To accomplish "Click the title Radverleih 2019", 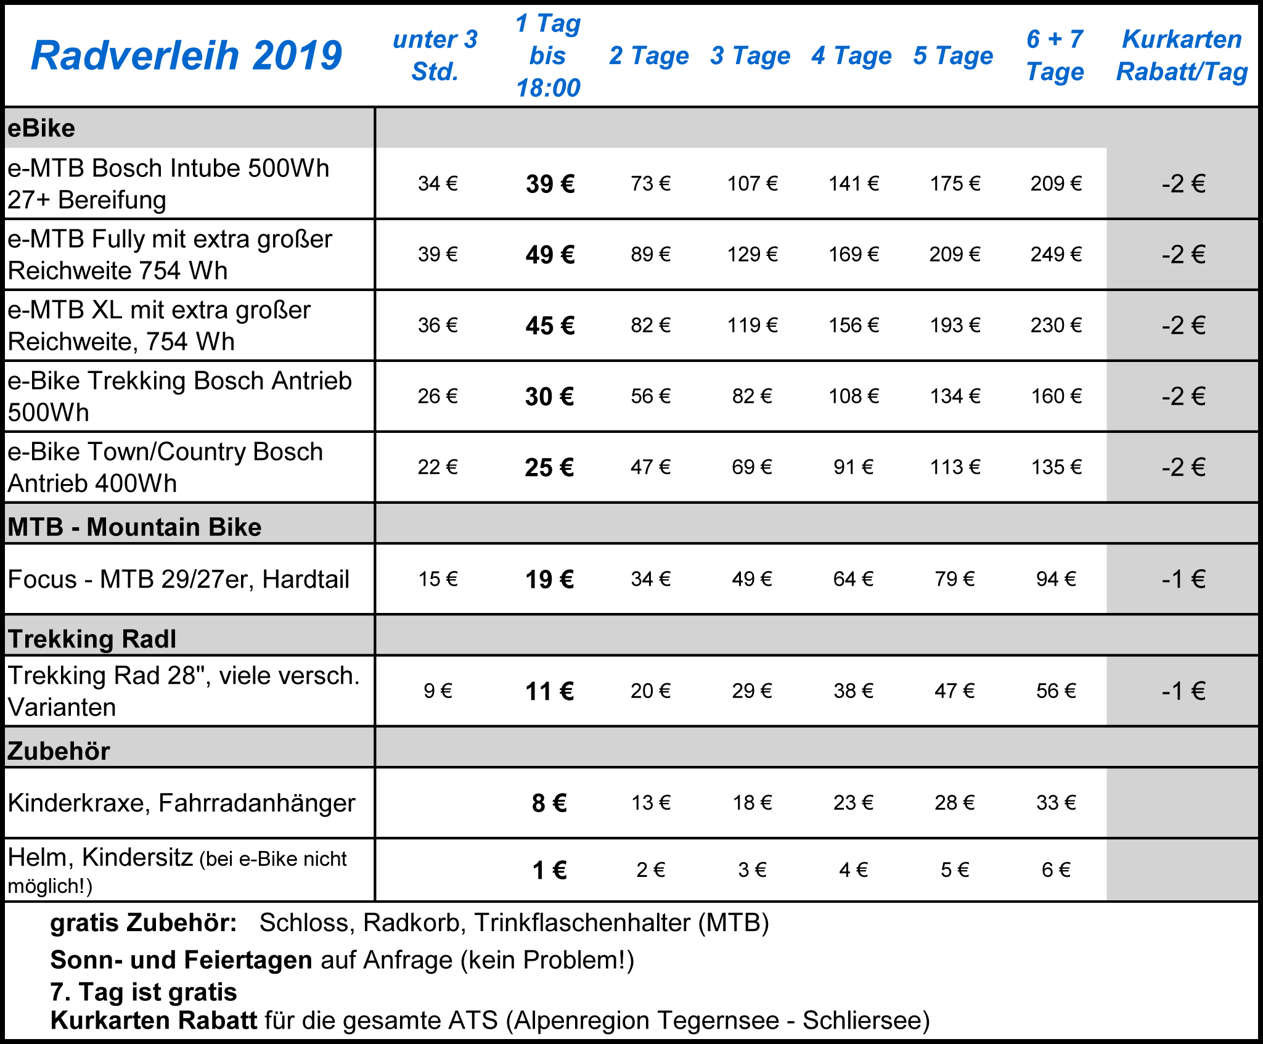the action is coord(186,55).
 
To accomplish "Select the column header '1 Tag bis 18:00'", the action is coord(548,55).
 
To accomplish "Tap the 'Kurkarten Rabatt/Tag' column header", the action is coord(1182,55).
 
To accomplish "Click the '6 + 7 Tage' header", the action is coord(1055,55).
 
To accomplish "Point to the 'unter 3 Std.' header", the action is coord(435,55).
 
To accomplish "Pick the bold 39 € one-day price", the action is coord(550,184).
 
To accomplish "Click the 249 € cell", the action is coord(1056,254).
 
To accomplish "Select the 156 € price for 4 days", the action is coord(853,325).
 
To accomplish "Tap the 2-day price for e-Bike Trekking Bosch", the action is coord(650,396).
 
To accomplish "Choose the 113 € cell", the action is coord(955,467).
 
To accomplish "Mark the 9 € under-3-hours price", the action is coord(438,691).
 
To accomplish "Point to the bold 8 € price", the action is coord(549,803).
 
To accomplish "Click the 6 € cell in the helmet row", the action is coord(1056,869).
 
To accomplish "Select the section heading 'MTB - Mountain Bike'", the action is coord(134,527).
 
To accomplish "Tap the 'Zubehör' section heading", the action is coord(59,750).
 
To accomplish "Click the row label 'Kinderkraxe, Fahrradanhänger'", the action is coord(181,803).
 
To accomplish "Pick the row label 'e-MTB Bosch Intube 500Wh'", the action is coord(168,168).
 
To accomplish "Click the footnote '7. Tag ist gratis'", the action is coord(144,992).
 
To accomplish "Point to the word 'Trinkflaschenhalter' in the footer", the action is coord(582,923).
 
